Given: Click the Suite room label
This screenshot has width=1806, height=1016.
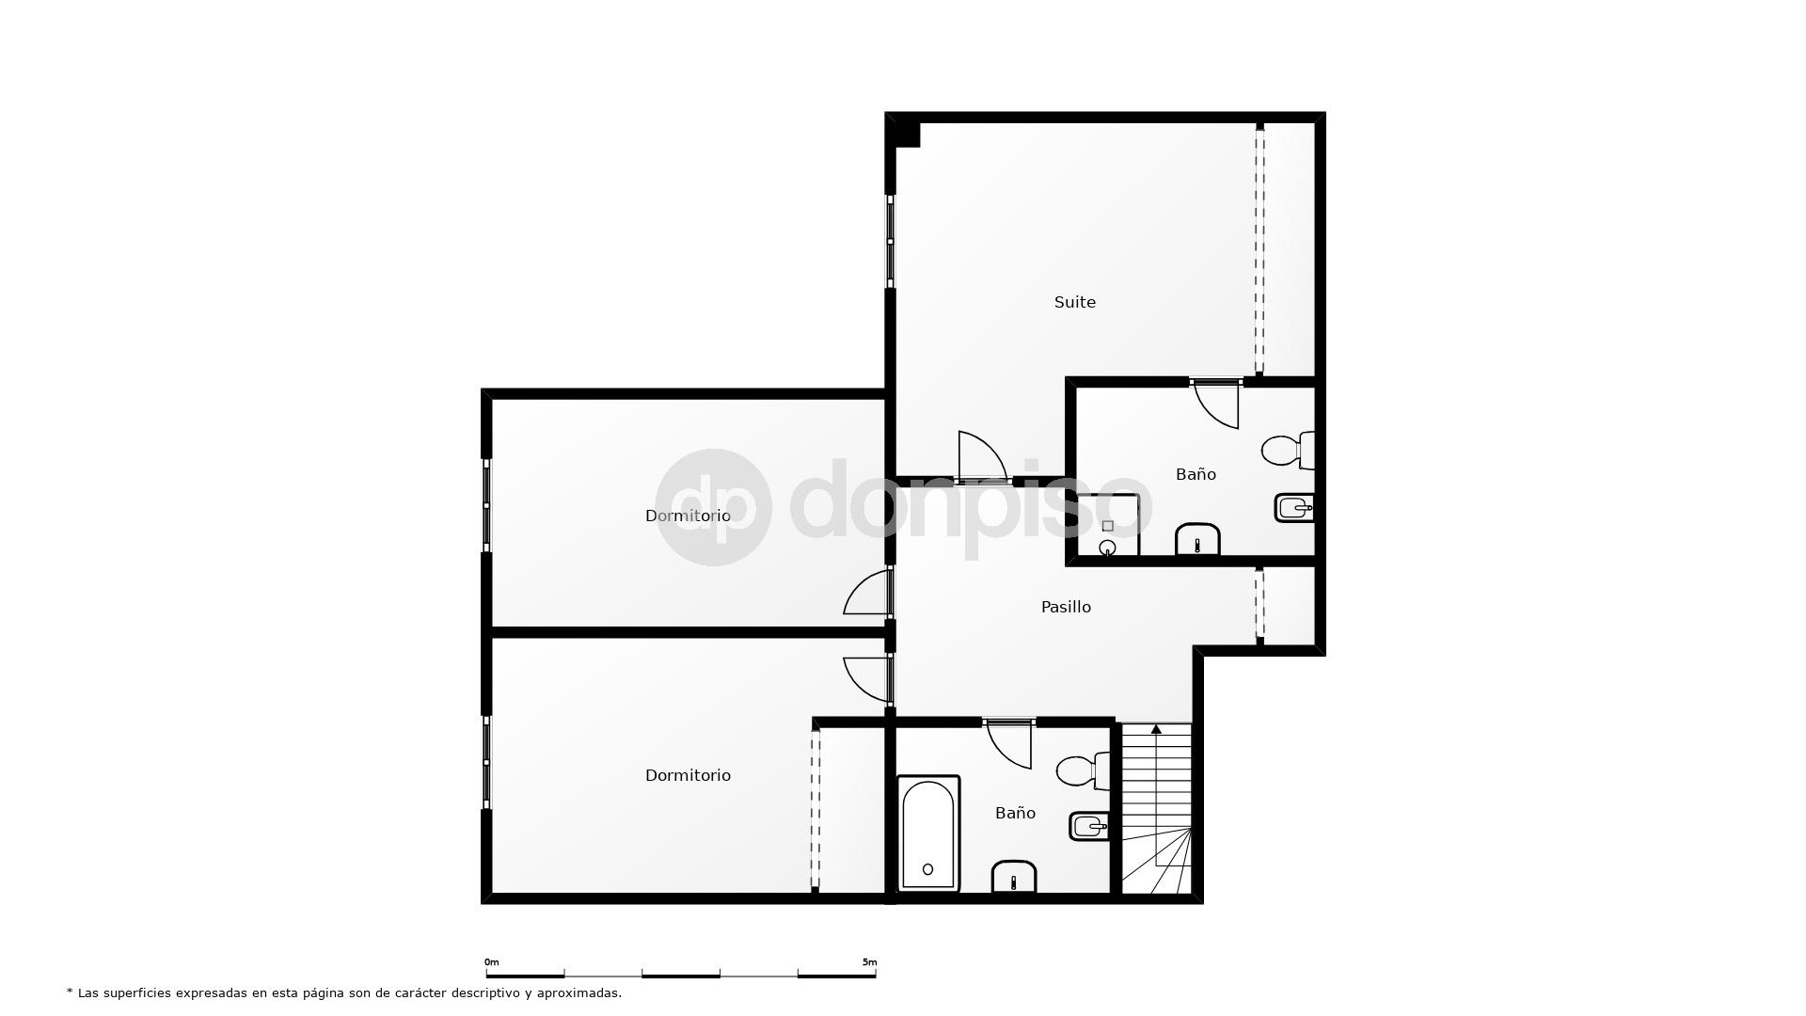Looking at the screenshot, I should pyautogui.click(x=1074, y=302).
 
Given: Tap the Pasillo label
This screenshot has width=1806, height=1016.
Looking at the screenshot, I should pyautogui.click(x=1066, y=607).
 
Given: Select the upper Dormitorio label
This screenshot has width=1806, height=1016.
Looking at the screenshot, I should pyautogui.click(x=688, y=516).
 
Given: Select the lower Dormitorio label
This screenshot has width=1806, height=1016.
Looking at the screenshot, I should pyautogui.click(x=688, y=775).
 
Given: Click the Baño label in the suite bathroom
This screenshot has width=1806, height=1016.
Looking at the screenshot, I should pyautogui.click(x=1196, y=474).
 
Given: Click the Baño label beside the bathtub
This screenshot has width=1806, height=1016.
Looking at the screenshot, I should pyautogui.click(x=1015, y=813).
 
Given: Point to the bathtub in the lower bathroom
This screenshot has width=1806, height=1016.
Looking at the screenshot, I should pyautogui.click(x=928, y=833).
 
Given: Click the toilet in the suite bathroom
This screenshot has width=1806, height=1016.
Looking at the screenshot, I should pyautogui.click(x=1285, y=451).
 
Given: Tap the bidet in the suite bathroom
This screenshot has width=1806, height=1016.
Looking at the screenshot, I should pyautogui.click(x=1293, y=508).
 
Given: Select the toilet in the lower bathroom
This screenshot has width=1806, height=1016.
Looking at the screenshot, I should pyautogui.click(x=1081, y=771).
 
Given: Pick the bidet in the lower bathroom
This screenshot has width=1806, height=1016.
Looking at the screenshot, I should pyautogui.click(x=1089, y=827).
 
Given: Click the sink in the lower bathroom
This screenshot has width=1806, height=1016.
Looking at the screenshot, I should pyautogui.click(x=1014, y=878).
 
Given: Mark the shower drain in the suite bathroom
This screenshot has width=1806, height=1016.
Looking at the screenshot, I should pyautogui.click(x=1108, y=547).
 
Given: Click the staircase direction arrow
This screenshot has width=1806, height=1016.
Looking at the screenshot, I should pyautogui.click(x=1156, y=729).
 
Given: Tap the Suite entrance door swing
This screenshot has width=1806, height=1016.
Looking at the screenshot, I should pyautogui.click(x=980, y=456).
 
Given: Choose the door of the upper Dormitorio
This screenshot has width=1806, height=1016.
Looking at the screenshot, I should pyautogui.click(x=868, y=593).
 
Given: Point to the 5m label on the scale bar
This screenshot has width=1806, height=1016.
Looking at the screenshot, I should pyautogui.click(x=869, y=962).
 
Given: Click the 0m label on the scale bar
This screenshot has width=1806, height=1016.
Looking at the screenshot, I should pyautogui.click(x=492, y=962).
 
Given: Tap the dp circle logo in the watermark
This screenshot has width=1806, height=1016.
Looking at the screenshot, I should pyautogui.click(x=713, y=507).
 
